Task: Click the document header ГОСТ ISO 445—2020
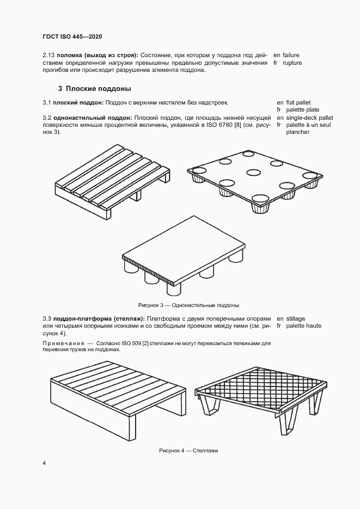click(72, 36)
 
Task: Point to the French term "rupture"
click(293, 63)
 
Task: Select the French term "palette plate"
click(298, 110)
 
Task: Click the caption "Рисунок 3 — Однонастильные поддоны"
click(188, 305)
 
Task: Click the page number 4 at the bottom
click(44, 463)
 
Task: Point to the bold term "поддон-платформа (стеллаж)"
click(99, 318)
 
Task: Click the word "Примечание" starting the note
click(61, 344)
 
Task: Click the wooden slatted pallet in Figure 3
click(112, 179)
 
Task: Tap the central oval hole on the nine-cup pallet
click(253, 173)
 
